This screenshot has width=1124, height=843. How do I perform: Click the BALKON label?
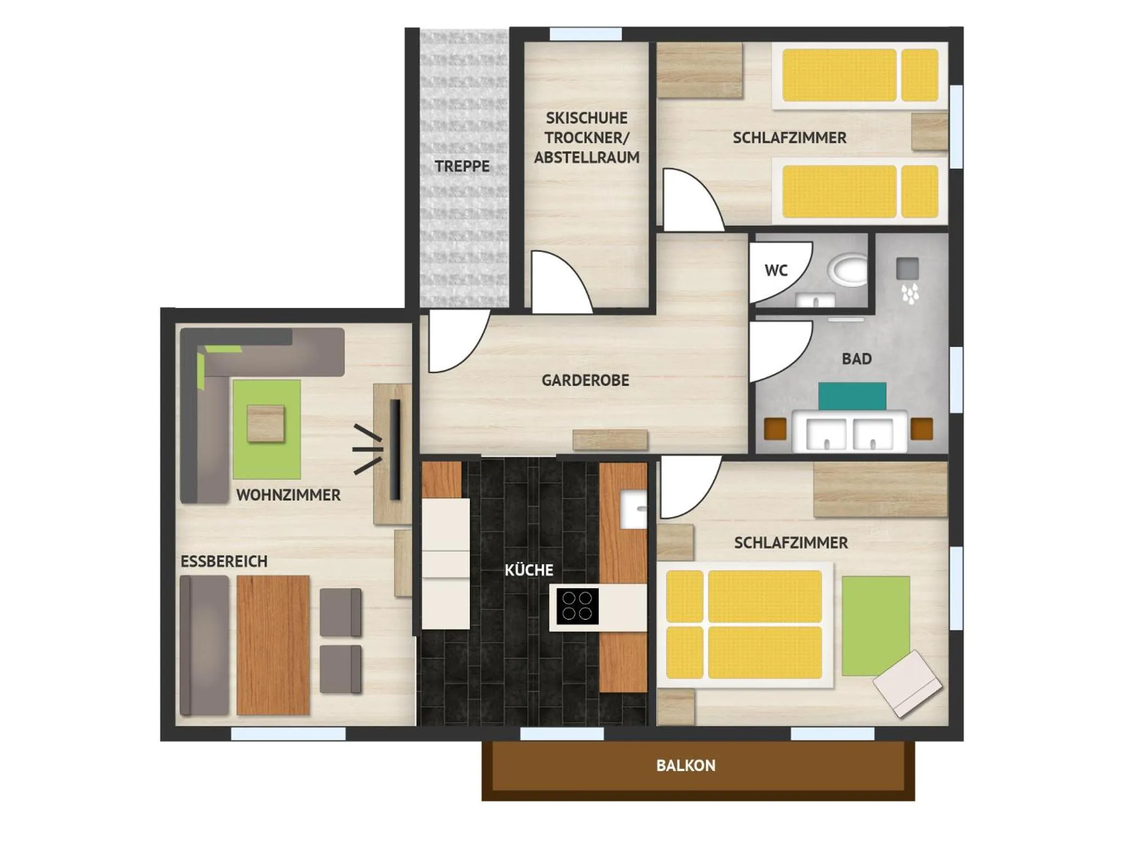tap(685, 766)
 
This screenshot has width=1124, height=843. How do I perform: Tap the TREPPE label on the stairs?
tap(462, 166)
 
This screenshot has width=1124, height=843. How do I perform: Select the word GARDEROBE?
tap(585, 380)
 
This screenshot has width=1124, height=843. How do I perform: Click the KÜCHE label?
tap(529, 570)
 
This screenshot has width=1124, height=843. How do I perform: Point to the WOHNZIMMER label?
tap(288, 495)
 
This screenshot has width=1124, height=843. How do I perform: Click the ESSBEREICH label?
tap(224, 561)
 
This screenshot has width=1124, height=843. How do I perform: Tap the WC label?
tap(776, 271)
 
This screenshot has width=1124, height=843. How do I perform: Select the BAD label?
tap(857, 359)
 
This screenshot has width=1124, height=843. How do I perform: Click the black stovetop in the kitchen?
tap(577, 606)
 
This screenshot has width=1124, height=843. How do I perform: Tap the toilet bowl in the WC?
tap(850, 269)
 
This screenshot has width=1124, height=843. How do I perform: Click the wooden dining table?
tap(273, 645)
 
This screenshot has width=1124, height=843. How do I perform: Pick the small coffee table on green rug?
tap(266, 423)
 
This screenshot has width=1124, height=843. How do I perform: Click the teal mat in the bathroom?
tap(852, 396)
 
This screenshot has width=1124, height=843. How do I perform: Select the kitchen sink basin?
tap(633, 509)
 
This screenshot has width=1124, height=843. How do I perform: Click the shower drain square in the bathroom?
tap(907, 268)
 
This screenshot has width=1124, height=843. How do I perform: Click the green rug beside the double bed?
tap(876, 626)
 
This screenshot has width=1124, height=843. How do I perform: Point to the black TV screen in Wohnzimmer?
tap(395, 449)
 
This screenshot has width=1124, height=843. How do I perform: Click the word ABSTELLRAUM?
tap(587, 158)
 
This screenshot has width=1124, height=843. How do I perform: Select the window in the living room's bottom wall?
tap(288, 734)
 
